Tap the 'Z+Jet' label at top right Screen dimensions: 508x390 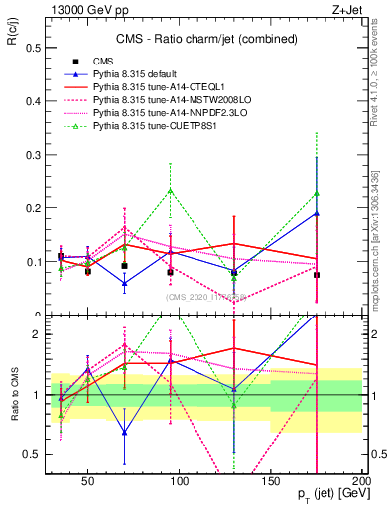tap(344, 9)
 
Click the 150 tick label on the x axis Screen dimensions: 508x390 tap(270, 479)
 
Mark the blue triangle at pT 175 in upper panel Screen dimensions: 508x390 tap(317, 213)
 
